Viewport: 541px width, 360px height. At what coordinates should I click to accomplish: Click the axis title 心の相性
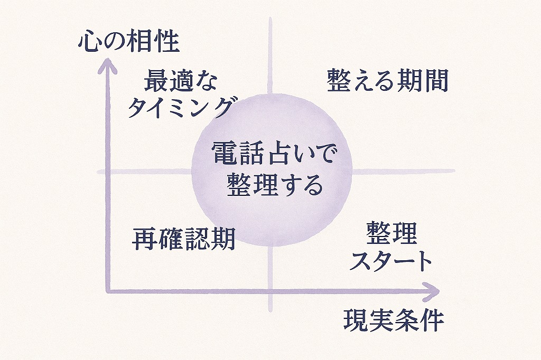tap(129, 42)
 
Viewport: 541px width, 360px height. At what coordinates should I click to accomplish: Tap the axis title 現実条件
tap(394, 320)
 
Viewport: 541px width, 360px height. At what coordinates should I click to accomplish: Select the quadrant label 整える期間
tap(388, 80)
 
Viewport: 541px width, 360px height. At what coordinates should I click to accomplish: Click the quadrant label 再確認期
tap(183, 239)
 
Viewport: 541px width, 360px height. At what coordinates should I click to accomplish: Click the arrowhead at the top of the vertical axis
tap(109, 64)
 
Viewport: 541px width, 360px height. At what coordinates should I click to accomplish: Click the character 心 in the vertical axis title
tap(88, 42)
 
